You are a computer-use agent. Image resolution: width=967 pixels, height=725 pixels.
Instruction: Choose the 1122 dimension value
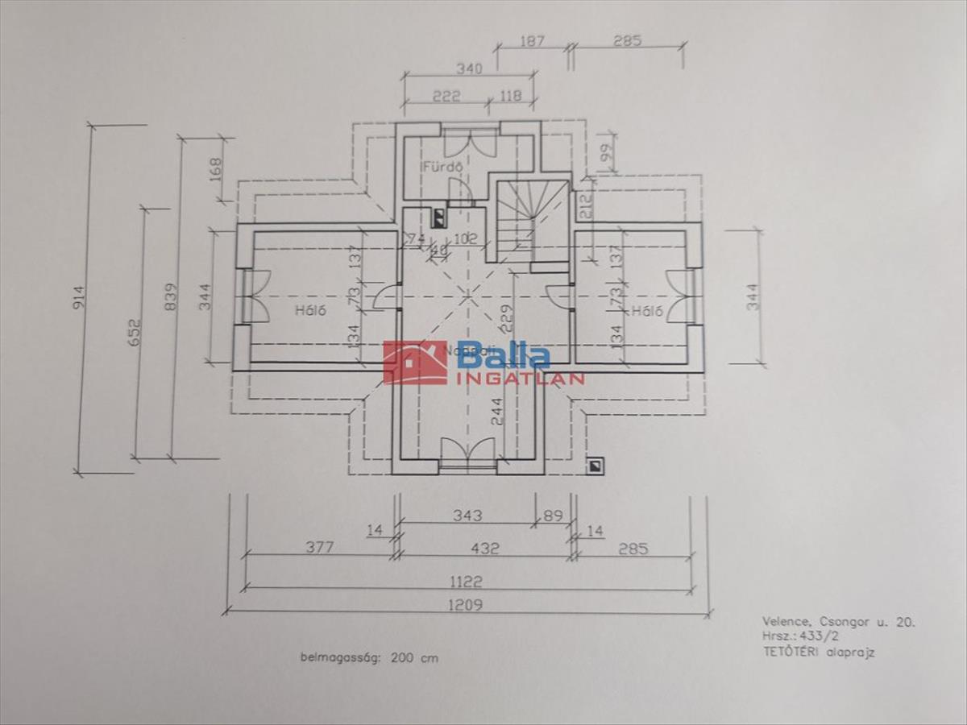(467, 581)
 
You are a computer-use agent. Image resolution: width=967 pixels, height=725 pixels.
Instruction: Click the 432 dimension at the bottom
(483, 549)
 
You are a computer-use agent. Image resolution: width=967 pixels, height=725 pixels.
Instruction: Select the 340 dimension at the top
(468, 69)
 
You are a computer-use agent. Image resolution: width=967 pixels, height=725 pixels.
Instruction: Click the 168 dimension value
(215, 169)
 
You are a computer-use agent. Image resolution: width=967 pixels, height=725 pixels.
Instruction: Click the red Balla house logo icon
(415, 362)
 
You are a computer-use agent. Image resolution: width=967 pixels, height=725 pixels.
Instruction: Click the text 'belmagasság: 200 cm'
(369, 657)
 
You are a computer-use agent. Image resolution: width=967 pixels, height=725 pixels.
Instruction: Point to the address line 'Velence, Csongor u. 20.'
(838, 622)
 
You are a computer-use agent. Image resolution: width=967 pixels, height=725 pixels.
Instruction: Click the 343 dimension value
(467, 516)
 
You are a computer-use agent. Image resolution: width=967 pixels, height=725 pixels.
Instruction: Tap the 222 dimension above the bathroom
(445, 97)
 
